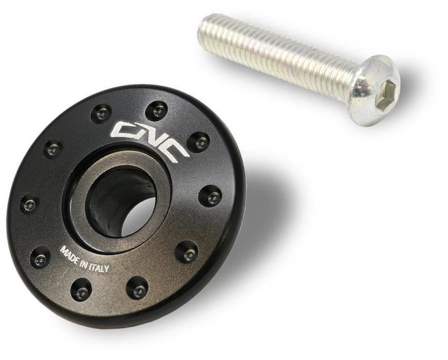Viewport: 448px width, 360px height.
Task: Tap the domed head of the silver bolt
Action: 374,91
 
